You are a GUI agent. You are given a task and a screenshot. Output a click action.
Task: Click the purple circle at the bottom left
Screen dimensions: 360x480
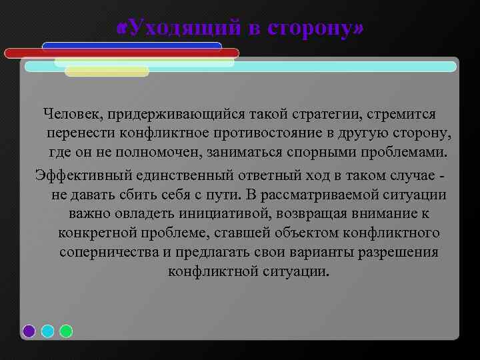[x=29, y=331]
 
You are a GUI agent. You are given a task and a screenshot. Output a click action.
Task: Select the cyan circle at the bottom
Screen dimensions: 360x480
[x=47, y=331]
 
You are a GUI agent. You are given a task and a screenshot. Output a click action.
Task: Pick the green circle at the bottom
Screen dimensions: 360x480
[x=66, y=331]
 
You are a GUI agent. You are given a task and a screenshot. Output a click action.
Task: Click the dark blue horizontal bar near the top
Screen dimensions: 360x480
[x=131, y=45]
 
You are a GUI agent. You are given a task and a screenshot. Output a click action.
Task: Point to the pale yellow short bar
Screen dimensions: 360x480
[x=107, y=71]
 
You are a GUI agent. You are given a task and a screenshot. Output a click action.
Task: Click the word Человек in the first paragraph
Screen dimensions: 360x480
[x=69, y=116]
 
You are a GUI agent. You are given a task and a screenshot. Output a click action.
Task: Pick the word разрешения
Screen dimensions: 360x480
[x=399, y=253]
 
